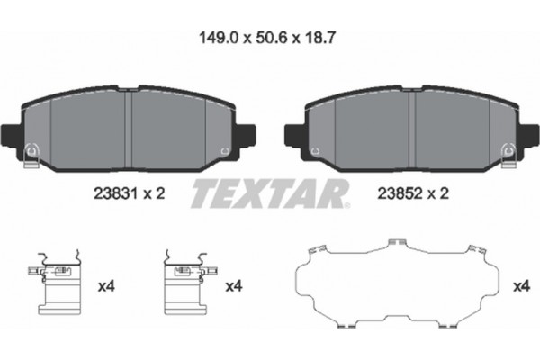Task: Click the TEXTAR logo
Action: tap(270, 193)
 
